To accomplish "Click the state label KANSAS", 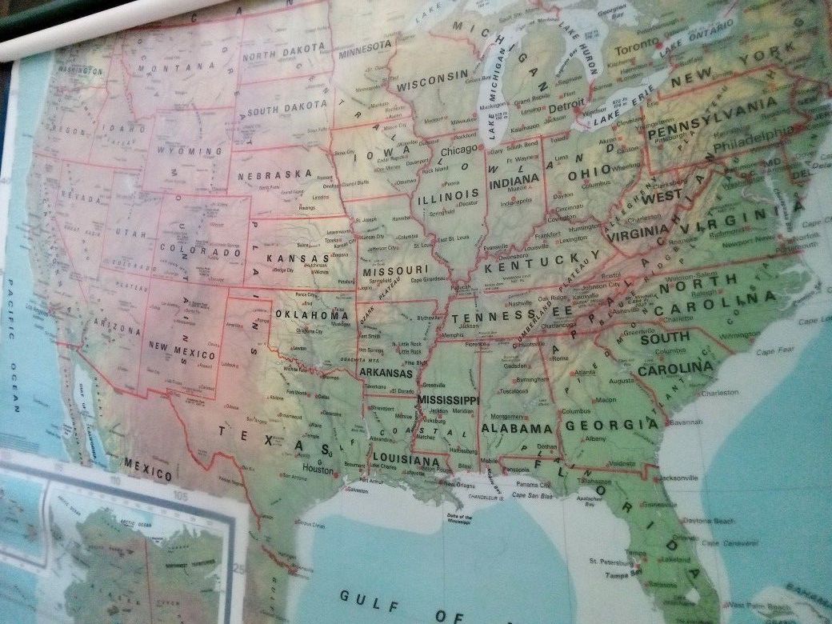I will (x=298, y=258).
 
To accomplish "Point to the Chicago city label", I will (x=458, y=149).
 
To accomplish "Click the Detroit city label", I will (x=567, y=106).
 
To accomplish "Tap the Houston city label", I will (x=318, y=470).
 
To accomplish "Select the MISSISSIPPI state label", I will (x=448, y=399).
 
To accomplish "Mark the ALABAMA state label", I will (x=517, y=429).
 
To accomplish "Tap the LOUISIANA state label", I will (x=406, y=460).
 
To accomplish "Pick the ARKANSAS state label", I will (x=386, y=373).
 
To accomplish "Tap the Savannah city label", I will (x=686, y=421).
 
